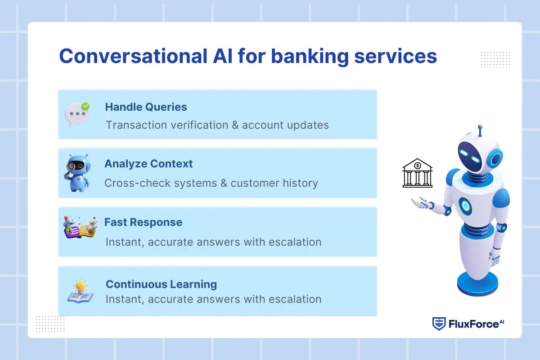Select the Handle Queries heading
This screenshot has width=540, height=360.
[x=146, y=107]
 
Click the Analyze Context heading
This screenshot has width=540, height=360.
[x=148, y=164]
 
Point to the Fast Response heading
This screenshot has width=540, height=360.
[x=143, y=222]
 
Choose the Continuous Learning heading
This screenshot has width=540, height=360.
[x=161, y=284]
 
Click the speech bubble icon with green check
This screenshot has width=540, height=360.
[x=76, y=114]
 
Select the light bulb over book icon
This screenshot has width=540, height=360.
[x=80, y=291]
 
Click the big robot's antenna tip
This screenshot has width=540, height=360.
[x=480, y=128]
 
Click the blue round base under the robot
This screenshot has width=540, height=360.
[x=477, y=283]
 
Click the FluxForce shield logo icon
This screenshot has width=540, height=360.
[x=439, y=324]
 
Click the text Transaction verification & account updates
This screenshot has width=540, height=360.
[x=217, y=125]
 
